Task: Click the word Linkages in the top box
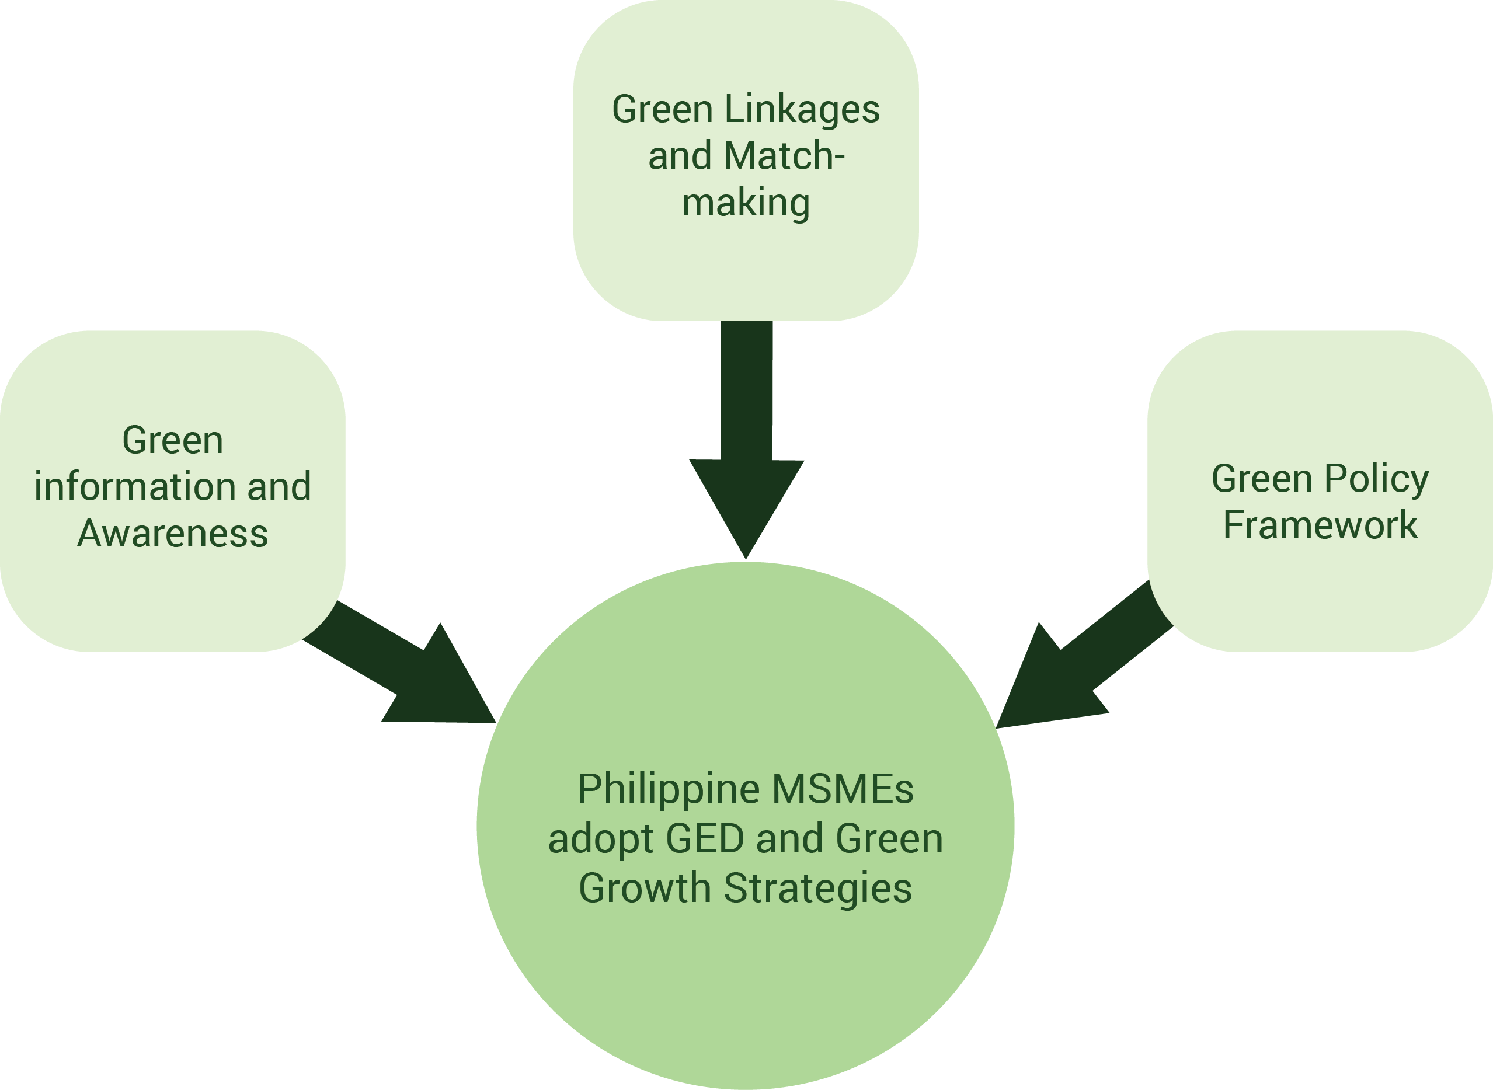[x=802, y=110]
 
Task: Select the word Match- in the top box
[x=784, y=156]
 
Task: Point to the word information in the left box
[x=135, y=487]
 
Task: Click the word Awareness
[x=172, y=533]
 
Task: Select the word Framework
[x=1320, y=525]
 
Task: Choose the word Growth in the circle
[x=645, y=888]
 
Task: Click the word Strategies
[x=818, y=888]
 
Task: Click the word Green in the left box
[x=172, y=440]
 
